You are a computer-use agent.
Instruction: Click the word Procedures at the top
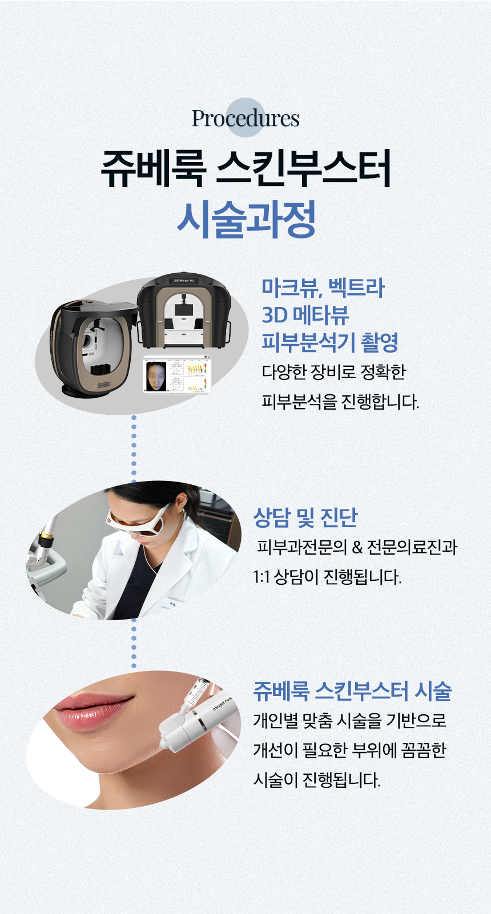point(246,118)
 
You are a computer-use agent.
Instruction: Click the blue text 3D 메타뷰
point(305,315)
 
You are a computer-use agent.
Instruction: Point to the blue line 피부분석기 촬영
point(330,342)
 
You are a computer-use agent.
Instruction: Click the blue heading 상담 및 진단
point(305,517)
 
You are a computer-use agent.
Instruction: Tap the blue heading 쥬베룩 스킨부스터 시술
point(352,691)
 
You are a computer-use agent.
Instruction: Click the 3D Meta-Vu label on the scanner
point(184,280)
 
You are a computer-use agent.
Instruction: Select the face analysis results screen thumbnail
point(177,375)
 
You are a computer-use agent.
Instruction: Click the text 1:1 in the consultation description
point(261,577)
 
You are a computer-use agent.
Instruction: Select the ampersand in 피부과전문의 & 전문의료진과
point(357,548)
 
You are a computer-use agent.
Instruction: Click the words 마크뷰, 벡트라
point(323,288)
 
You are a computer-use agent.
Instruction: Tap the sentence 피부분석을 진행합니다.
point(341,402)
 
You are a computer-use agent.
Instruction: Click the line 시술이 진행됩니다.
point(316,780)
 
